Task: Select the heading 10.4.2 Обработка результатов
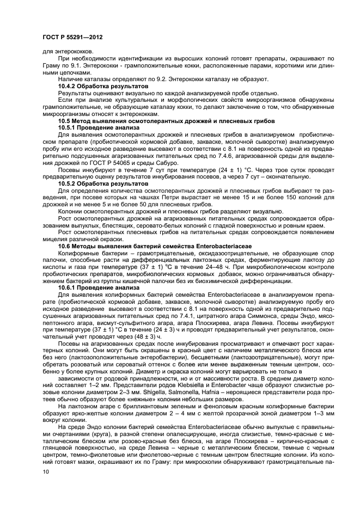pos(103,86)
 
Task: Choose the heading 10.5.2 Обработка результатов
pos(103,183)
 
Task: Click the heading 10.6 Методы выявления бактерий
pos(142,246)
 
